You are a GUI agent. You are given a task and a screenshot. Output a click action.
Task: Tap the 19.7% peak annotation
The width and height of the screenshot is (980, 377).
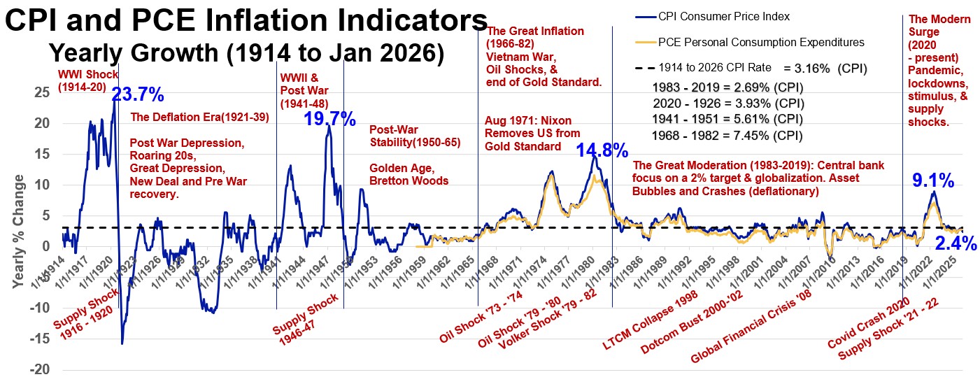point(329,119)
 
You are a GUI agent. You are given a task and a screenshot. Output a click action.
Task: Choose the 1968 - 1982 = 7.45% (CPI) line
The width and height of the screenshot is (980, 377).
point(727,135)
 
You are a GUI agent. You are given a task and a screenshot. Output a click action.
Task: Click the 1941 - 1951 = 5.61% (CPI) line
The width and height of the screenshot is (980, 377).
point(727,120)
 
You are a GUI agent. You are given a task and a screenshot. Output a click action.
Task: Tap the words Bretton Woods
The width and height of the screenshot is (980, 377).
point(409,181)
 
